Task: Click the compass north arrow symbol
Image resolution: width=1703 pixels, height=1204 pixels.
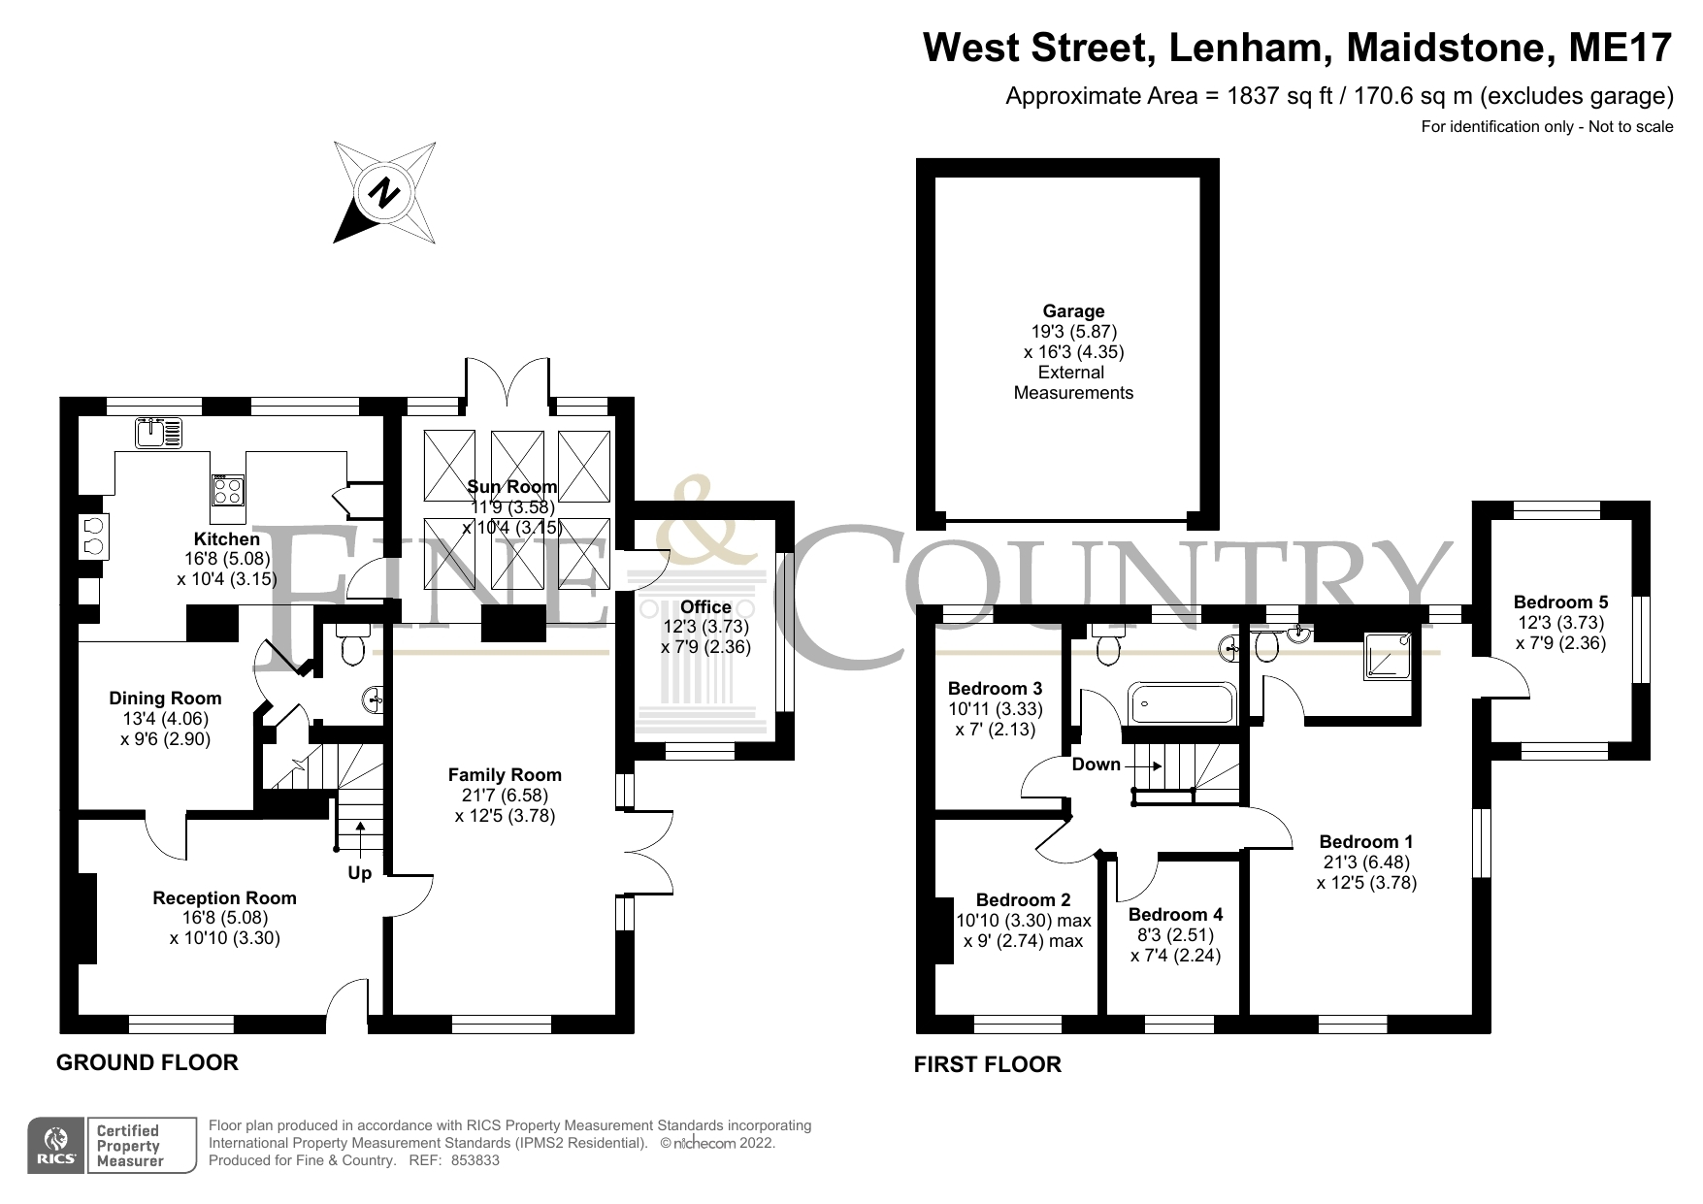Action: tap(384, 192)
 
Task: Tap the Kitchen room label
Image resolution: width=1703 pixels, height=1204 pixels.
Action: tap(227, 539)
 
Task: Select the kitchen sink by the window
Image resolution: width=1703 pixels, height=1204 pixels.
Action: tap(159, 432)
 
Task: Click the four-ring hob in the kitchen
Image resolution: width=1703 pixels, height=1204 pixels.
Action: tap(228, 490)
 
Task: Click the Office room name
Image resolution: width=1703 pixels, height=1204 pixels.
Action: tap(705, 607)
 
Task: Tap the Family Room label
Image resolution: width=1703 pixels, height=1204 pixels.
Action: tap(505, 774)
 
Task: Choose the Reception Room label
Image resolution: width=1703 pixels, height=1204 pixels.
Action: tap(224, 898)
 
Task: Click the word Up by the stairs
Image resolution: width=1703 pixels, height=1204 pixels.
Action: tap(359, 873)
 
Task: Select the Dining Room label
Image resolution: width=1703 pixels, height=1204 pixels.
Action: tap(165, 699)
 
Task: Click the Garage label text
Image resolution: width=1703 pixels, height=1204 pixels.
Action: tap(1073, 311)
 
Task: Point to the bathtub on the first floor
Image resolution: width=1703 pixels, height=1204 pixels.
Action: tap(1181, 701)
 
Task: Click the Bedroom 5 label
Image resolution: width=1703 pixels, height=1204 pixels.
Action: tap(1560, 602)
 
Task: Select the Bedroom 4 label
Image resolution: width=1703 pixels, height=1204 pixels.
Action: tap(1175, 915)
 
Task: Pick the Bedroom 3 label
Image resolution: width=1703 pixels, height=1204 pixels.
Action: tap(995, 689)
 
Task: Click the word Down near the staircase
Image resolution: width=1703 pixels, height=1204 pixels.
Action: tap(1096, 765)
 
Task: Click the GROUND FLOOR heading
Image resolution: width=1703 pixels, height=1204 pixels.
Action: tap(147, 1062)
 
